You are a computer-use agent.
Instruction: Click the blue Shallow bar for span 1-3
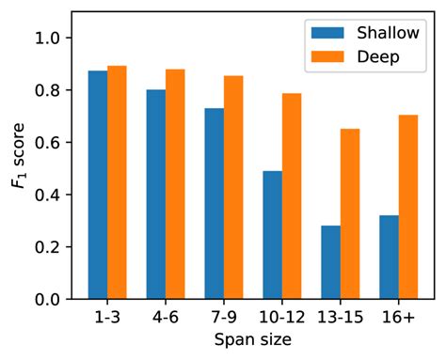tap(98, 185)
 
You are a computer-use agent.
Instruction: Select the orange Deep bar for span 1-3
tap(117, 182)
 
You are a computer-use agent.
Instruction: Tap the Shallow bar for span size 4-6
tap(156, 195)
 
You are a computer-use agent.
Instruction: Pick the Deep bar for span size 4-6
tap(175, 184)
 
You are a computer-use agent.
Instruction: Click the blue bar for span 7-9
tap(215, 204)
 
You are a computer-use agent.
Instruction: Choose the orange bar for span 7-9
tap(233, 188)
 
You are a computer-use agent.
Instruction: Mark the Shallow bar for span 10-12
tap(273, 235)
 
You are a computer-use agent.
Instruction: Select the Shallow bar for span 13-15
tap(331, 262)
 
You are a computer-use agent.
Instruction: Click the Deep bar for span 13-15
tap(350, 214)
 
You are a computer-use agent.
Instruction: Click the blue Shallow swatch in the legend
tap(329, 34)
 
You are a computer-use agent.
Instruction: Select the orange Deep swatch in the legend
tap(329, 56)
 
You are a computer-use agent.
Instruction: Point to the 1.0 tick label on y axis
tap(57, 39)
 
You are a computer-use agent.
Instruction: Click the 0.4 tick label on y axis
tap(57, 196)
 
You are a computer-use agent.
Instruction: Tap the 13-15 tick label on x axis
tap(341, 318)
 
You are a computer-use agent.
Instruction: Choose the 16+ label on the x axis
tap(399, 318)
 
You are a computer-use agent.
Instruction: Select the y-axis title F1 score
tap(19, 169)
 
